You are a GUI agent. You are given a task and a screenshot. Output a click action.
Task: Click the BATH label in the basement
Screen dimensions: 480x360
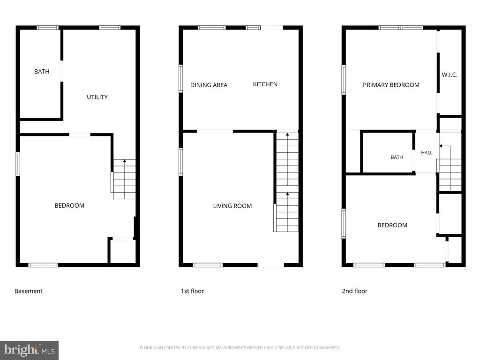[42, 72]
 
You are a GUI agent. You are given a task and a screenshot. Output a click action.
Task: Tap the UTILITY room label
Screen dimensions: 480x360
[97, 97]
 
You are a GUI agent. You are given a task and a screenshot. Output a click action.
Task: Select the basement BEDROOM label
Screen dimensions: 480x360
[69, 206]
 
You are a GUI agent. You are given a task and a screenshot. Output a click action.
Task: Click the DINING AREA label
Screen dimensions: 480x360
[209, 85]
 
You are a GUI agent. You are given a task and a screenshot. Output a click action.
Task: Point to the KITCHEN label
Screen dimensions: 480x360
[265, 84]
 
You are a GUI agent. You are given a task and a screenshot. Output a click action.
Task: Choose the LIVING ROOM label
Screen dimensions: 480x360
[232, 206]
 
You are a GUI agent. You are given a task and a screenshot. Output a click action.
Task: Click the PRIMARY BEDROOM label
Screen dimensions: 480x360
[391, 85]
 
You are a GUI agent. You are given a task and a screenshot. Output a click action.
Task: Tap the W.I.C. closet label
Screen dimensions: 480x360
[450, 75]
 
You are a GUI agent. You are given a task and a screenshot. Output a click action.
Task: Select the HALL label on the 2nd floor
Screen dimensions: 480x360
[427, 153]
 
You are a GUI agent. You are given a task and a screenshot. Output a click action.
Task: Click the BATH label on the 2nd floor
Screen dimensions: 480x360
[397, 157]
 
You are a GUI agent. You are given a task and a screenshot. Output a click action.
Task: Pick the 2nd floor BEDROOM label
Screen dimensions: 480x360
[392, 225]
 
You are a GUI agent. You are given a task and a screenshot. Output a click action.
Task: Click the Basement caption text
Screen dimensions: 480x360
[29, 291]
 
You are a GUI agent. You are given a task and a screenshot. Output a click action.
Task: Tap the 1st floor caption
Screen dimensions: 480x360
[192, 291]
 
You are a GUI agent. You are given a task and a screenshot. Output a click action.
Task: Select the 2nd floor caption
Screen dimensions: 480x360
[354, 291]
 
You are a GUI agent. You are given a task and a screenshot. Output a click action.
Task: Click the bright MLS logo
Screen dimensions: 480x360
[30, 350]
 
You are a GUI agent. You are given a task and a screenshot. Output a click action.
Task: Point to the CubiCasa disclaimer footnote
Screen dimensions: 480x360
[240, 348]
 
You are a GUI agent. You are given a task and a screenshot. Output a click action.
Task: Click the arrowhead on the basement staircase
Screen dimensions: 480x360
[125, 161]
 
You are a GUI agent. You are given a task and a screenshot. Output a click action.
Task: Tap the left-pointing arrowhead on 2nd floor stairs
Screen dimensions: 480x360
[441, 146]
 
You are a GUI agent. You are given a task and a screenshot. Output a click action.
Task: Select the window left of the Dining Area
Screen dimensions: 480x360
[181, 78]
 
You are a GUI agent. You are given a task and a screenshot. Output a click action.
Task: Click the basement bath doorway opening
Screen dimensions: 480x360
[62, 71]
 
